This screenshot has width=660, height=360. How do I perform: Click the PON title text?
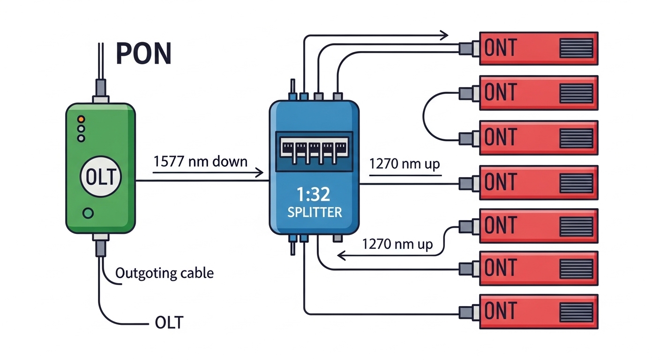(143, 54)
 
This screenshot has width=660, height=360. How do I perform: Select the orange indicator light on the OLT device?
(81, 119)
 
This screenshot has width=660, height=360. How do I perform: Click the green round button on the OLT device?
(88, 214)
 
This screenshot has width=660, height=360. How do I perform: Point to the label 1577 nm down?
(200, 162)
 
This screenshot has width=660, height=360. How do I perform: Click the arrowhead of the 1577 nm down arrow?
(259, 173)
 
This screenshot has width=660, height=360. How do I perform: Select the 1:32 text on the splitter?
(314, 194)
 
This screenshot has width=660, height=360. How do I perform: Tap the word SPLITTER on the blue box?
(314, 212)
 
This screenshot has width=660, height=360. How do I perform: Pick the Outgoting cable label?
(165, 273)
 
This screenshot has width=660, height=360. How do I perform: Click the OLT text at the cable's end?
(169, 322)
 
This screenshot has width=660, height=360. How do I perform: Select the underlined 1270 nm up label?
(405, 165)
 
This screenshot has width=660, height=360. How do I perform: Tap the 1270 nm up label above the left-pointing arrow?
(397, 244)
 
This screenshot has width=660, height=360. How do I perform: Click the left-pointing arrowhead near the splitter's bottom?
(341, 255)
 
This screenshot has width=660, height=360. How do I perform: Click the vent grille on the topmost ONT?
(576, 48)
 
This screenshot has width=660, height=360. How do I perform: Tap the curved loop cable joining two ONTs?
(424, 115)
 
